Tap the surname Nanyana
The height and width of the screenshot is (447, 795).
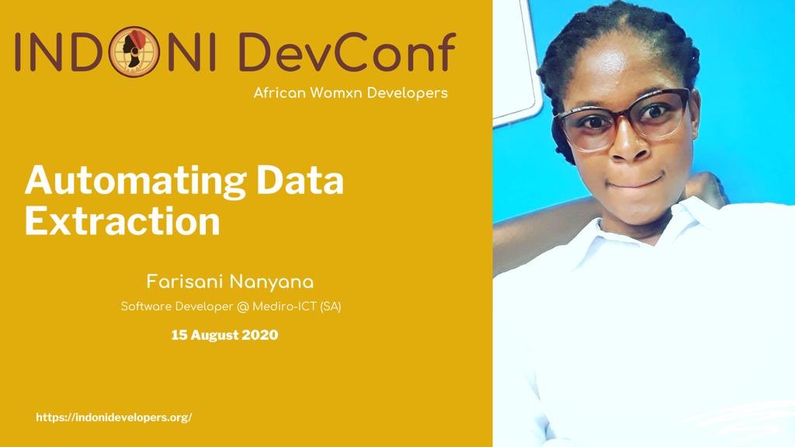click(x=271, y=281)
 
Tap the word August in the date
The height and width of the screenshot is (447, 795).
click(x=212, y=335)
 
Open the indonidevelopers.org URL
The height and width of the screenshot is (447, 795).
click(x=114, y=418)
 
